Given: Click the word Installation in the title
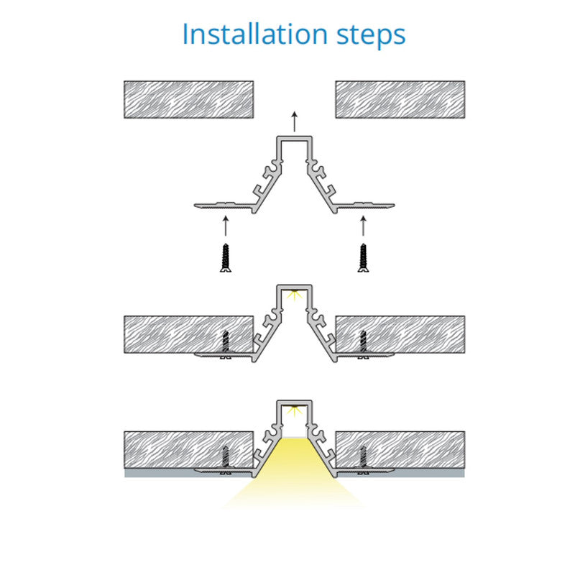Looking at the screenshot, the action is point(255,34).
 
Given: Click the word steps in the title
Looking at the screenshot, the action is point(371,36).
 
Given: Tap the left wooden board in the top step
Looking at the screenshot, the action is point(188,99).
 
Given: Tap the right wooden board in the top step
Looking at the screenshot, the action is point(400,99).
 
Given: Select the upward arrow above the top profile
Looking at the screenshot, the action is point(294,121).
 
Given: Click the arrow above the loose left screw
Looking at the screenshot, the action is point(226,226).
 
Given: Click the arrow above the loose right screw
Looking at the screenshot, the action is point(363,226).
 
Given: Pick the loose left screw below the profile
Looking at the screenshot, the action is point(226,258).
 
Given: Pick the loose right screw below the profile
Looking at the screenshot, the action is point(363,258).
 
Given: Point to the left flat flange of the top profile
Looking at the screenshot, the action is point(224,206).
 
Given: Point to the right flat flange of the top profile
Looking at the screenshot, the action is point(365,206).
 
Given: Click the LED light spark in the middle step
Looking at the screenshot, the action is point(294,295).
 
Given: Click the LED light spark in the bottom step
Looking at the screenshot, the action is point(294,410).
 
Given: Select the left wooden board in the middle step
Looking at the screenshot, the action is point(188,334).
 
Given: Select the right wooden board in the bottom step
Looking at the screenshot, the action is point(400,450).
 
